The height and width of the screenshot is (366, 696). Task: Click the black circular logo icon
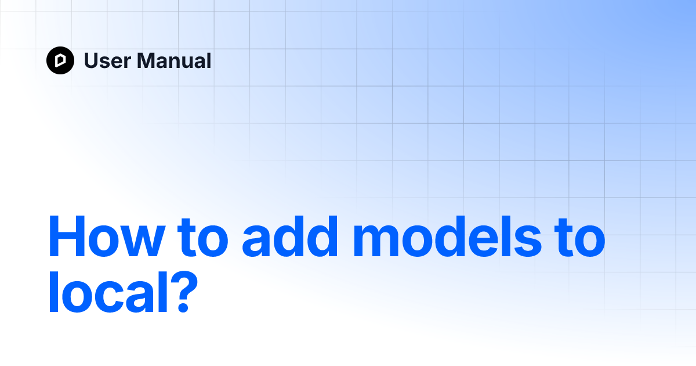(x=60, y=60)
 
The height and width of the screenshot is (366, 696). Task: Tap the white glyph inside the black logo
(x=60, y=60)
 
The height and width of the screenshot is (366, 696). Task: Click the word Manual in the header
(x=171, y=60)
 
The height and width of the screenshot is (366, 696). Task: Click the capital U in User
(x=91, y=60)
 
